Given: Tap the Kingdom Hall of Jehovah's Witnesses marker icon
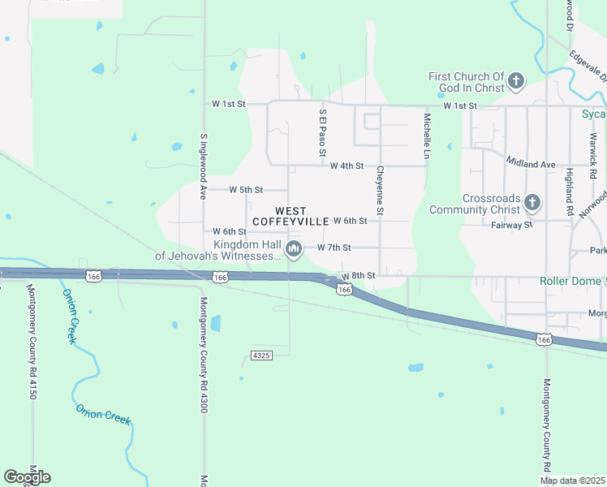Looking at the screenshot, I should coord(294,248).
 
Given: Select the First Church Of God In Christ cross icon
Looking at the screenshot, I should coord(516,81).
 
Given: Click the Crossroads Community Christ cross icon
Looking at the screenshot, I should coord(532,201).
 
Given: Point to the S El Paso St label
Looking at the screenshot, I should coord(322,134).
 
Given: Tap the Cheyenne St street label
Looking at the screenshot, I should coord(379,192).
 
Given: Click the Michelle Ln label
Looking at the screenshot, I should coord(426,135).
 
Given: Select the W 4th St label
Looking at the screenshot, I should coord(347,166).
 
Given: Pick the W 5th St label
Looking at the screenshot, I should coord(246,190).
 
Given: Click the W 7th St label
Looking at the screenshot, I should coord(334,247).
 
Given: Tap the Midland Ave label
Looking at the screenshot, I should coord(530,164).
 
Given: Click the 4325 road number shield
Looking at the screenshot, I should coord(260,356).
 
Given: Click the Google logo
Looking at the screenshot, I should coord(27,476).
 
